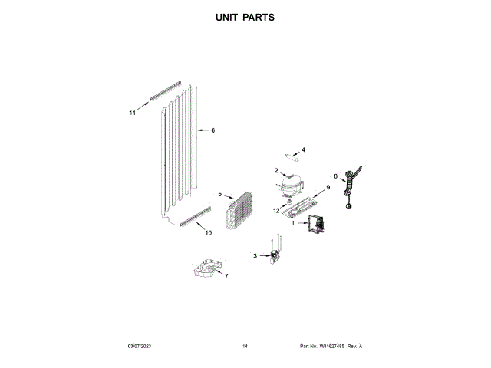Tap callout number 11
(x=132, y=113)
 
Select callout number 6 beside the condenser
(x=213, y=130)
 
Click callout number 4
(x=302, y=150)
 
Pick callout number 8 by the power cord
(x=335, y=176)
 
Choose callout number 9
(x=328, y=187)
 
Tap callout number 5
(x=219, y=195)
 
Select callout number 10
(x=208, y=233)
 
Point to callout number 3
(x=255, y=255)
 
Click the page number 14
(x=245, y=347)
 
